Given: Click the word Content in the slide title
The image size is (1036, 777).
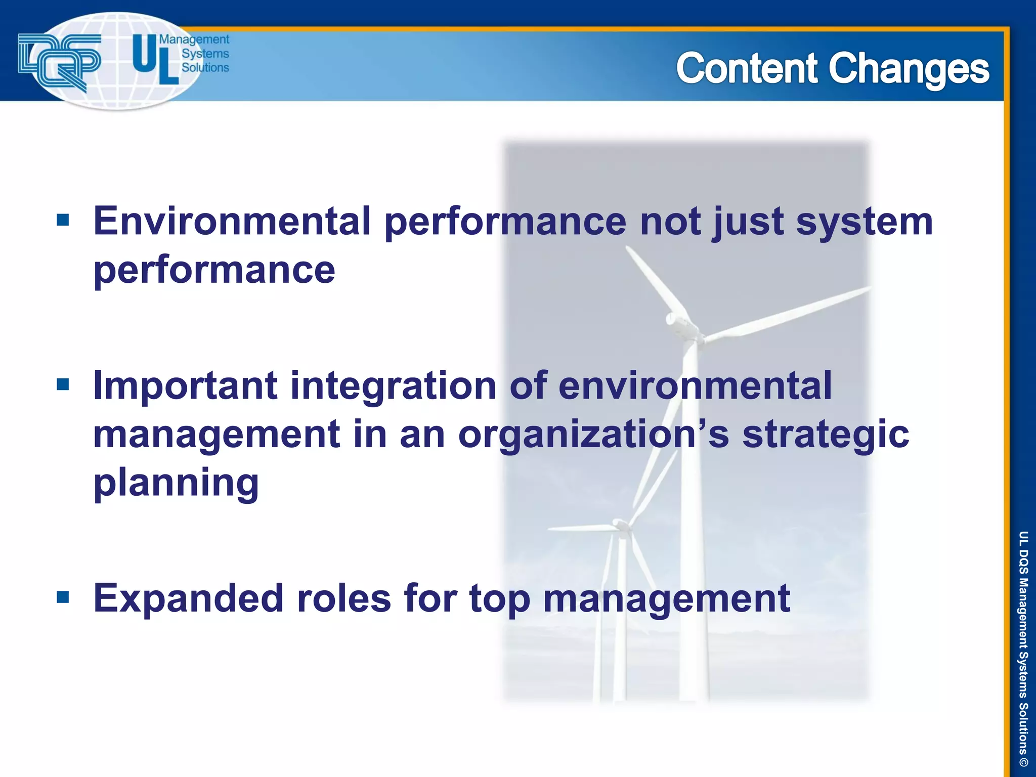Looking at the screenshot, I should tap(747, 68).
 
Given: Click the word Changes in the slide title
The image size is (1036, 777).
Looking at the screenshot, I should tap(909, 69).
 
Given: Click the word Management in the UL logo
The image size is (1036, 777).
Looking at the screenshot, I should tap(194, 39).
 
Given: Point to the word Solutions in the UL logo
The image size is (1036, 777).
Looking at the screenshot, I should tap(205, 67).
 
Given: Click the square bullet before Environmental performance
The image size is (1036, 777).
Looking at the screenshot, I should tap(63, 221).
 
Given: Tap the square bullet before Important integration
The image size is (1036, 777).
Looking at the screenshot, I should tap(63, 385).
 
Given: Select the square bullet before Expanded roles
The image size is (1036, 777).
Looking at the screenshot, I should tap(63, 597).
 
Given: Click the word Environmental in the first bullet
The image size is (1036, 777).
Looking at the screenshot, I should tap(232, 221).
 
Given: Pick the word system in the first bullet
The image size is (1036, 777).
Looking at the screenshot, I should tap(864, 222).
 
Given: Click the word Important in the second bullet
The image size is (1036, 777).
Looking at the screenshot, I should tap(185, 385).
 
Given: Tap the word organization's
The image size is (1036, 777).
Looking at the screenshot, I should tap(593, 435).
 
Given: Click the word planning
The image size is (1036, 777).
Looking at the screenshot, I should tap(176, 483).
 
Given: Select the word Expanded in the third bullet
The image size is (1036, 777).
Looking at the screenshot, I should tap(188, 598).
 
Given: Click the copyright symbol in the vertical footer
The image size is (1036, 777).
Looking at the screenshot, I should tap(1023, 762).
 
